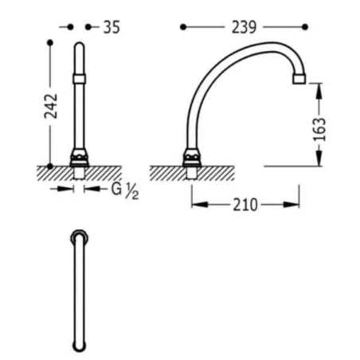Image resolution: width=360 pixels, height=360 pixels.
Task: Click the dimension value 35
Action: pyautogui.click(x=112, y=27)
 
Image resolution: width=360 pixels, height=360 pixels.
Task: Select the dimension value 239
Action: pyautogui.click(x=245, y=27)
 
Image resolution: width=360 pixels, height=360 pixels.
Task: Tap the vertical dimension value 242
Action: pyautogui.click(x=51, y=106)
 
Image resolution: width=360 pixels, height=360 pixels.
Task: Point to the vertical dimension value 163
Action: pyautogui.click(x=319, y=129)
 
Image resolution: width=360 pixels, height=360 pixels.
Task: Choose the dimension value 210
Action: pyautogui.click(x=245, y=205)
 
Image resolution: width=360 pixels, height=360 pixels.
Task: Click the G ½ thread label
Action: pyautogui.click(x=125, y=190)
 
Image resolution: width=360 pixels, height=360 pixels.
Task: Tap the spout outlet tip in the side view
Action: pyautogui.click(x=299, y=79)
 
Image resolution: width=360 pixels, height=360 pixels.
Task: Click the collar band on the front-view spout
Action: pyautogui.click(x=79, y=79)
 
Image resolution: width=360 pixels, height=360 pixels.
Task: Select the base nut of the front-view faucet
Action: pyautogui.click(x=79, y=158)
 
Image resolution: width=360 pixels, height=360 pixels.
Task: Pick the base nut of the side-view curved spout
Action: pyautogui.click(x=192, y=158)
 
